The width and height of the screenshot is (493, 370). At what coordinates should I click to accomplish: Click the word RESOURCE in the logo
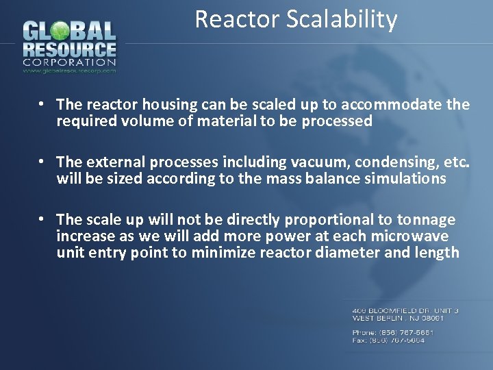[x=69, y=50]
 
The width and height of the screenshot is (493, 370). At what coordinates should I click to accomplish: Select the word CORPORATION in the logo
[x=69, y=62]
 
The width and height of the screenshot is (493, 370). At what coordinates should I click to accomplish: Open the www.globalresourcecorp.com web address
[x=69, y=70]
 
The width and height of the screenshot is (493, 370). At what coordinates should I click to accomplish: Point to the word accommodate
[x=397, y=105]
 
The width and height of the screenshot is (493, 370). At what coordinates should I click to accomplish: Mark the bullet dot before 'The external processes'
[x=42, y=162]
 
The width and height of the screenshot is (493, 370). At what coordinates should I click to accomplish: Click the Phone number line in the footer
[x=393, y=332]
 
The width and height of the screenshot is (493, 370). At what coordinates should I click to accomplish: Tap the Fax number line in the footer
[x=388, y=340]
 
